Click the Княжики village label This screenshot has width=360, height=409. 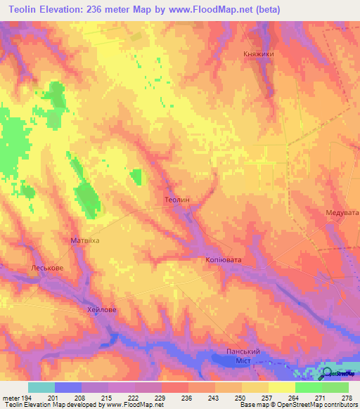click(257, 53)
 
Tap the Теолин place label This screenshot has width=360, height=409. click(176, 200)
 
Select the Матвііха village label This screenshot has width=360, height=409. click(85, 240)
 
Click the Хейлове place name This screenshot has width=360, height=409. click(101, 309)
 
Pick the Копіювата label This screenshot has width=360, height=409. click(223, 260)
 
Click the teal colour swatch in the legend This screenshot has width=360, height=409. click(41, 387)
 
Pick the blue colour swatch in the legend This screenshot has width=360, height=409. click(67, 387)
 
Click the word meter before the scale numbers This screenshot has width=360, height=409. click(10, 398)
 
